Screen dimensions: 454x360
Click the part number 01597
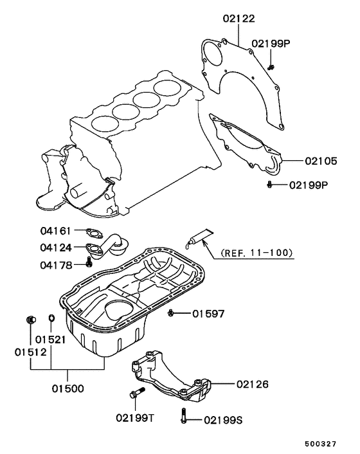click(x=208, y=314)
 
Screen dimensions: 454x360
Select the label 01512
click(x=30, y=352)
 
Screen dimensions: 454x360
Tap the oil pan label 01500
click(x=68, y=389)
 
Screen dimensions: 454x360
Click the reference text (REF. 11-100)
click(x=255, y=253)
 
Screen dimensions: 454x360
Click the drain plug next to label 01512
click(x=30, y=320)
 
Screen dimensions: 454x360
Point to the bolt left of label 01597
click(x=172, y=313)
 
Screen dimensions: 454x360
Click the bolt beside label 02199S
click(x=185, y=415)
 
